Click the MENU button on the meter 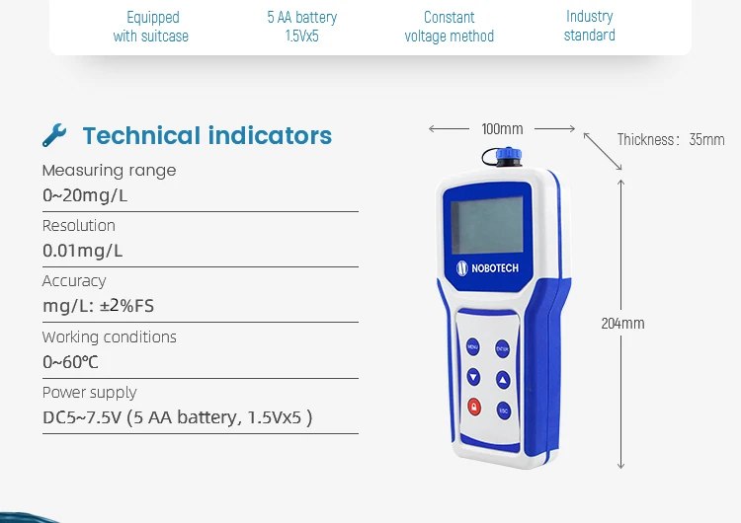tap(472, 348)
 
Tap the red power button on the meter tap(473, 407)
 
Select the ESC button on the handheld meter tap(503, 410)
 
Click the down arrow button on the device tap(473, 377)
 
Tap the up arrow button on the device tap(502, 379)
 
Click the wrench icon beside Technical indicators tap(55, 135)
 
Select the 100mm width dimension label tap(502, 129)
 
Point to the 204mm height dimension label tap(622, 324)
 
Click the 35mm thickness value tap(706, 140)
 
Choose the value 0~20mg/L tap(85, 195)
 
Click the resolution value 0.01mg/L tap(83, 251)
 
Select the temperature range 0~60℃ tap(70, 362)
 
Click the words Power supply tap(89, 392)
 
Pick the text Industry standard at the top tap(590, 26)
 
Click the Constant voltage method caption tap(449, 27)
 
